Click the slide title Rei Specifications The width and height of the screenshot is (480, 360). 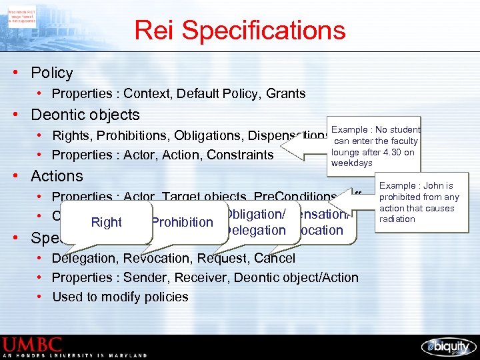point(240,31)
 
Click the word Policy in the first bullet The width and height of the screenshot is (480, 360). point(52,73)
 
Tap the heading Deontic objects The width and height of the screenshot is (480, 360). point(85,115)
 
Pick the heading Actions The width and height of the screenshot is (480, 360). point(57,176)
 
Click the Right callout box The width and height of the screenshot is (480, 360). point(107,223)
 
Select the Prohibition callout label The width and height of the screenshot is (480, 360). point(182,222)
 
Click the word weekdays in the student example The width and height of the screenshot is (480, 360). point(352,163)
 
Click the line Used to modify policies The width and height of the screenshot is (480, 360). point(120,297)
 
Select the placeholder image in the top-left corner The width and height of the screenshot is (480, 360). point(22,15)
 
